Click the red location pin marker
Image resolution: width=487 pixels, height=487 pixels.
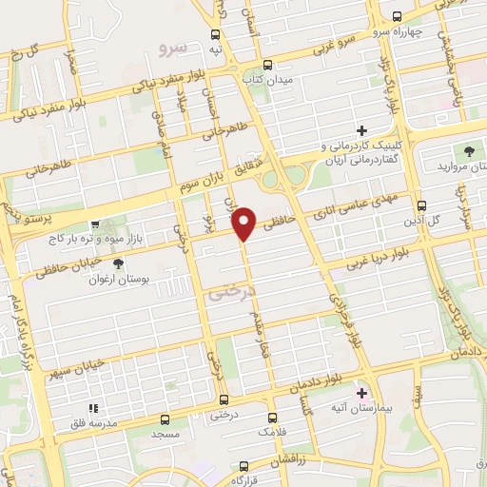point(245,223)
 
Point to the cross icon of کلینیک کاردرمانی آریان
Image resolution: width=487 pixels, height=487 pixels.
point(361,130)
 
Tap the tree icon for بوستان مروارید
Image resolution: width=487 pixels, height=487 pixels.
point(468,151)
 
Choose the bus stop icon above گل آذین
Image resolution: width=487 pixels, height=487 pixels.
point(422,205)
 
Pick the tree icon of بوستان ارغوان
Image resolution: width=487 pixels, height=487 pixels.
point(118,264)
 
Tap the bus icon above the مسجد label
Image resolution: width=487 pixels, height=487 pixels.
point(166,417)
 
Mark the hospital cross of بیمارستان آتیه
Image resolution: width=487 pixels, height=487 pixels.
point(360,391)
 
